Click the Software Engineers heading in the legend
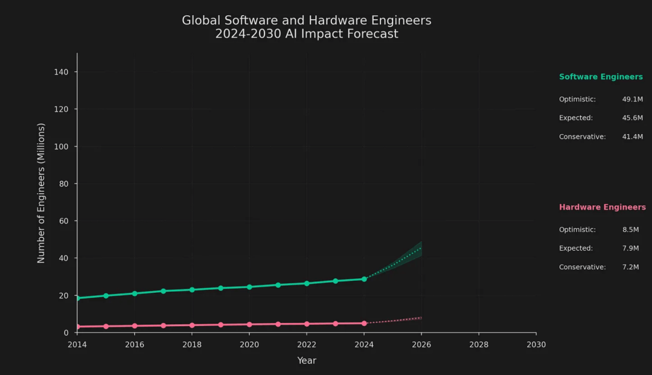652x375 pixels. (601, 77)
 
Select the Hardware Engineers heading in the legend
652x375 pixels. (602, 207)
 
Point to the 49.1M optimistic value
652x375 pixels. (632, 99)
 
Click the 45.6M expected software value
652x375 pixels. (632, 118)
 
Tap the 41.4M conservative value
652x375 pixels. (632, 136)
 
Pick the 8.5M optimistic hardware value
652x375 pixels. (630, 229)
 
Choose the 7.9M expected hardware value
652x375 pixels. (630, 248)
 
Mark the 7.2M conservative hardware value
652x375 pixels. (630, 267)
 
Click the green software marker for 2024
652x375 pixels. (364, 279)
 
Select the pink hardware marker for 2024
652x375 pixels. (364, 323)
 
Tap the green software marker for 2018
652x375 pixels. (192, 290)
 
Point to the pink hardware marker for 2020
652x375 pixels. (249, 324)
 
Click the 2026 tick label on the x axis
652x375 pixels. (421, 345)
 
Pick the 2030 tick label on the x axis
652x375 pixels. (535, 345)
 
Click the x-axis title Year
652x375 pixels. (307, 361)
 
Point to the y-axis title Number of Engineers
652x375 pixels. (42, 193)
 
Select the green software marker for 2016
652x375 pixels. (135, 293)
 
